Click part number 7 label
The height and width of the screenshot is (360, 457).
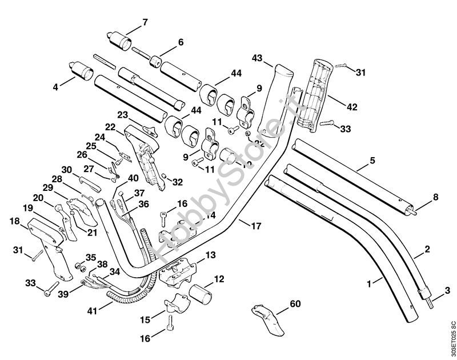(145, 22)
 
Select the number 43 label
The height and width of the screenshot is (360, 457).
(257, 58)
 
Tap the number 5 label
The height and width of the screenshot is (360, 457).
(372, 161)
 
